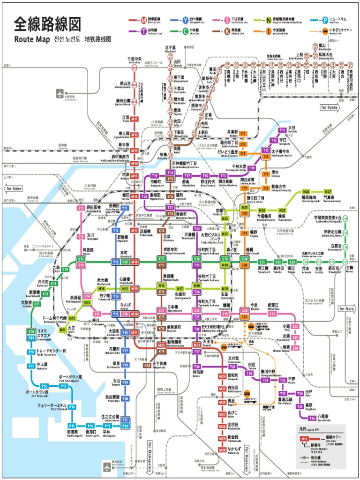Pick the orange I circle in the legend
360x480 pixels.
tap(268, 32)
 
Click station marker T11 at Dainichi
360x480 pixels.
tap(282, 130)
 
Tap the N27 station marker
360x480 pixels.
tap(328, 192)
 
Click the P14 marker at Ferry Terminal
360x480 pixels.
tap(72, 407)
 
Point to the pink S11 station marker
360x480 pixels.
tap(81, 208)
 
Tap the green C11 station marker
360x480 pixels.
tap(45, 294)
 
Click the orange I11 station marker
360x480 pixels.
tap(243, 134)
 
